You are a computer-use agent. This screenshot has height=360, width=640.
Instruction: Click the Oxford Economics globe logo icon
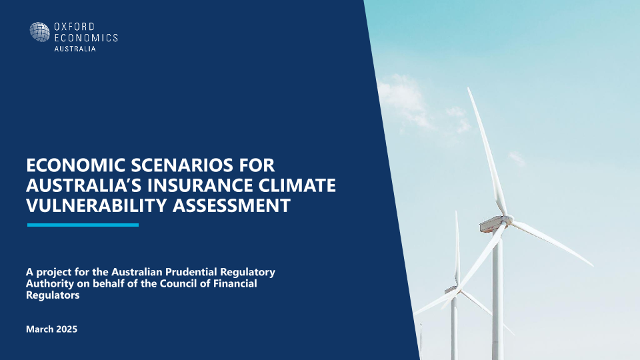tap(39, 32)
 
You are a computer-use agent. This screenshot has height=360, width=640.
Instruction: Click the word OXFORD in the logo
tap(74, 27)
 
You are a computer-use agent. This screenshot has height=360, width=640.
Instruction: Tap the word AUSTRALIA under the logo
tap(75, 49)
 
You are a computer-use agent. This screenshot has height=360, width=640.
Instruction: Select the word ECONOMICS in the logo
tap(86, 37)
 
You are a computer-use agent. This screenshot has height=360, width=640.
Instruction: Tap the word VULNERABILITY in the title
tap(97, 205)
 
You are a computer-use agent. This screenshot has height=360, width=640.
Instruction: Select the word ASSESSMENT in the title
tap(231, 205)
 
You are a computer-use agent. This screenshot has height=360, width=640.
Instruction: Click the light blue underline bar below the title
tap(83, 225)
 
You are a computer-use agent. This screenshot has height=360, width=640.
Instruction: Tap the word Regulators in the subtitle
tap(53, 295)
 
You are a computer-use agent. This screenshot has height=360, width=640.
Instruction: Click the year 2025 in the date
tap(67, 329)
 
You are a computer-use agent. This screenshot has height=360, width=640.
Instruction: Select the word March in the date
tap(40, 329)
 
